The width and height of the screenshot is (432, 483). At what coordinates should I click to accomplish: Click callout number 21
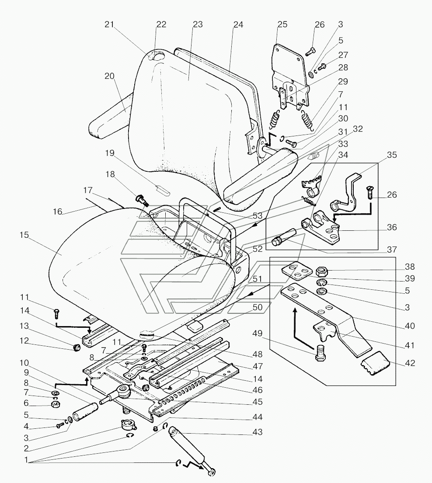coord(109,24)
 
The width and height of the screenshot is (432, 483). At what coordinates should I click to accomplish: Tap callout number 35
coord(392,155)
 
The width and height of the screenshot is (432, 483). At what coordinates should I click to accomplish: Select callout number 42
coord(410,364)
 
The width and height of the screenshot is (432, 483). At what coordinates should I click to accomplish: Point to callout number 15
coord(24,235)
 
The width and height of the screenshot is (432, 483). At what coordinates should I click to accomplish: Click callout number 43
coord(257,432)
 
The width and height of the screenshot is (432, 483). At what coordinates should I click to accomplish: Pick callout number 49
coord(257,334)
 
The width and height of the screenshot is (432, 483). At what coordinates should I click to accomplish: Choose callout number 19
coord(110,153)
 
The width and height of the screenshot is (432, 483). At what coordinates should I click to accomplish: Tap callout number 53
coord(257,215)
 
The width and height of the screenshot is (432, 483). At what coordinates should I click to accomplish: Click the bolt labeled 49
coord(321,353)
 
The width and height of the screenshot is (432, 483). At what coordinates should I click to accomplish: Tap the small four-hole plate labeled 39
coord(295,270)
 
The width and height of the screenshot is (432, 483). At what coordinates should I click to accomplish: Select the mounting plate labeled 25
coord(289,77)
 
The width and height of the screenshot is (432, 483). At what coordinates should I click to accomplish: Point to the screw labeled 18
coord(142,200)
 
